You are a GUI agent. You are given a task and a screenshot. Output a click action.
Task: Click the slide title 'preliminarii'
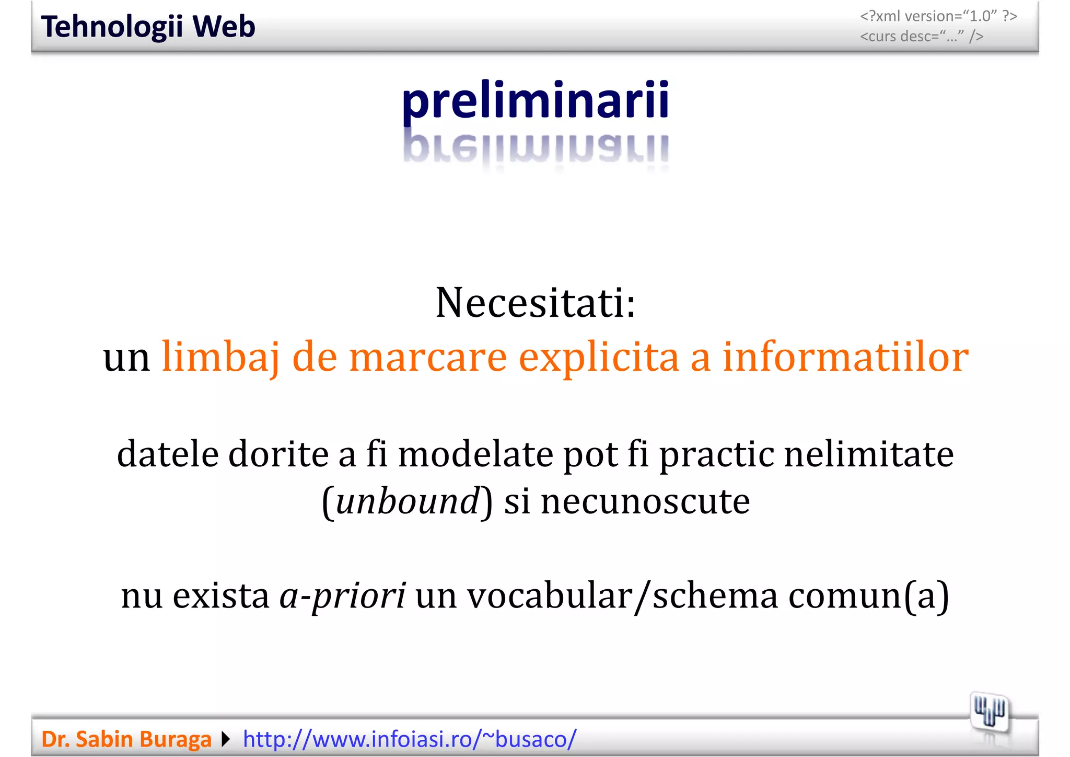535,100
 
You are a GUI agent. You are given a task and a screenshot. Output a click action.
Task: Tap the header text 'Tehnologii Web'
148,27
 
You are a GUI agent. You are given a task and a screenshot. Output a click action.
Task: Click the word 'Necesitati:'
536,303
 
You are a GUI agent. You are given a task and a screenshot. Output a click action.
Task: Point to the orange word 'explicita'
599,358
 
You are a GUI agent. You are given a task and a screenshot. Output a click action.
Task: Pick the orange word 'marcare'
428,358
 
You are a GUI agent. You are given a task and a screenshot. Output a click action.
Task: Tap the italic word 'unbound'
408,501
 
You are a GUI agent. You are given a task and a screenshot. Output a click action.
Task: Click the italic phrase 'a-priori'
343,595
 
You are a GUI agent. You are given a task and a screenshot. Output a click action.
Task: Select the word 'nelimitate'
869,454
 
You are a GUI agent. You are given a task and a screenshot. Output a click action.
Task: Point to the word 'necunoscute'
645,501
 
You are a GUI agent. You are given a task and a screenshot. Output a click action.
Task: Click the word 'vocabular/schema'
622,595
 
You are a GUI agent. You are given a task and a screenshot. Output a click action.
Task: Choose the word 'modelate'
475,454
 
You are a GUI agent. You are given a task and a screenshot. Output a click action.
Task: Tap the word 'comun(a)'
868,595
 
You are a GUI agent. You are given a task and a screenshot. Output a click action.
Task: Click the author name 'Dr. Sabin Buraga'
126,739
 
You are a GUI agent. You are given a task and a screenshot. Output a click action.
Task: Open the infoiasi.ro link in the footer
410,739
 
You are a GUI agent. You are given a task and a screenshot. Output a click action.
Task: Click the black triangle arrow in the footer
226,739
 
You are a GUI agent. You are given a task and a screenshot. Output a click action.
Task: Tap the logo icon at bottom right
990,713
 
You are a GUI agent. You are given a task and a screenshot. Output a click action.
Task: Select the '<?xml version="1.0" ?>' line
938,16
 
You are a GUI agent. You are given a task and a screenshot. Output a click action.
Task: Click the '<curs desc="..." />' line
922,37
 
